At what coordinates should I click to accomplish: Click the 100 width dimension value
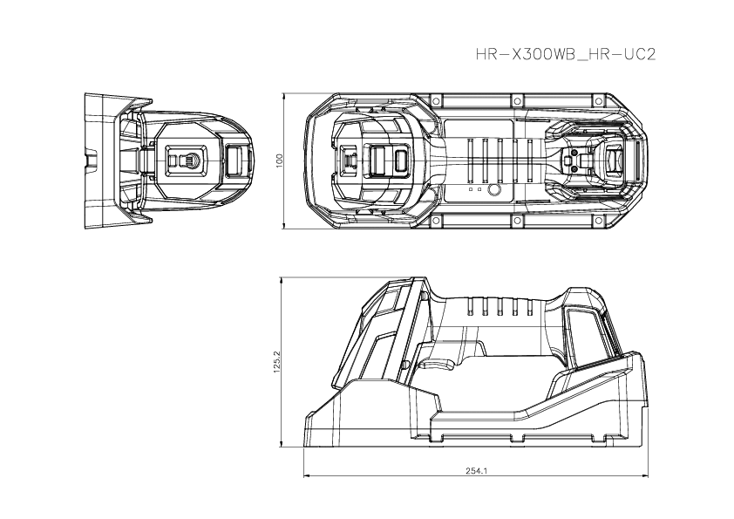[280, 160]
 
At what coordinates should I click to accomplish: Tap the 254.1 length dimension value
[476, 470]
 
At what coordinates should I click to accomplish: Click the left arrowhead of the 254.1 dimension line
[306, 476]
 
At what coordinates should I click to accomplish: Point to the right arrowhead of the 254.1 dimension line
[646, 476]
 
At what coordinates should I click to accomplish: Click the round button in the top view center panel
[493, 190]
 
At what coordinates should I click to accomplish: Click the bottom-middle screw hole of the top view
[518, 218]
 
